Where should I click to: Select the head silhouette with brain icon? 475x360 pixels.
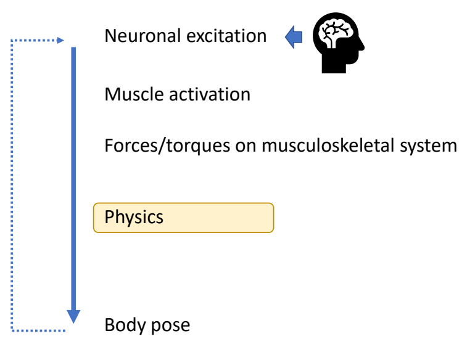pyautogui.click(x=338, y=43)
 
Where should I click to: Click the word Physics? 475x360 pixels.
pyautogui.click(x=134, y=218)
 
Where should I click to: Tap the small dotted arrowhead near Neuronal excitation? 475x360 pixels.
pyautogui.click(x=60, y=41)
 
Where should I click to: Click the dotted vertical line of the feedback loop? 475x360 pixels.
pyautogui.click(x=12, y=185)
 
